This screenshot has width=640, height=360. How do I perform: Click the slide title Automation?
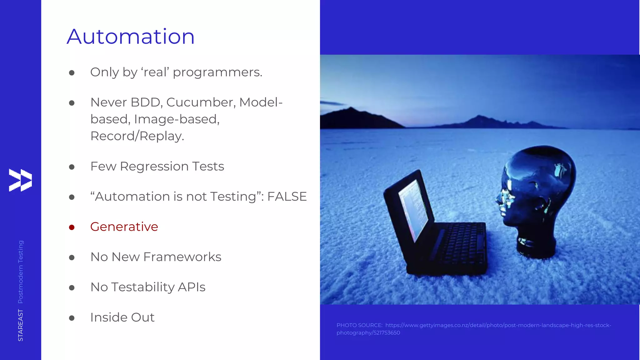tap(131, 37)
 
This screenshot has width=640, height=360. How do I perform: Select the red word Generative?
tap(124, 227)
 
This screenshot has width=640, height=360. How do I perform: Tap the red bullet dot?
tap(72, 227)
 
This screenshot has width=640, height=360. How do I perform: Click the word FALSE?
tap(287, 197)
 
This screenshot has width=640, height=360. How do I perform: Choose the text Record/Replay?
tap(137, 136)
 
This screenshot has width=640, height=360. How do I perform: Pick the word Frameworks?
tap(182, 257)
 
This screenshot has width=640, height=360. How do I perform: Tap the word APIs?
tap(191, 287)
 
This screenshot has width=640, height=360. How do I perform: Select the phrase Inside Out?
tap(122, 317)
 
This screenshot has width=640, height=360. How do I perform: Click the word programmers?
tap(217, 72)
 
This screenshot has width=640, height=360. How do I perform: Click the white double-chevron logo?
tap(20, 180)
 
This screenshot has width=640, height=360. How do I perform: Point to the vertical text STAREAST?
tap(20, 325)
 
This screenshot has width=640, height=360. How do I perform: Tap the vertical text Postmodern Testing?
tap(20, 272)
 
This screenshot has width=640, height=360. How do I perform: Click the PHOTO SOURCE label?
tap(359, 325)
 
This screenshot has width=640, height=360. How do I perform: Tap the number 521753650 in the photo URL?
tap(387, 333)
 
